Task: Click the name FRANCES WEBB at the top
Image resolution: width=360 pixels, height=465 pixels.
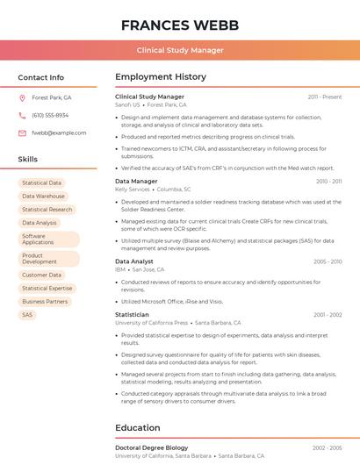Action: [x=179, y=24]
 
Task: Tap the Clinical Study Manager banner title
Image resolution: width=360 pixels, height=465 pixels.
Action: [x=179, y=50]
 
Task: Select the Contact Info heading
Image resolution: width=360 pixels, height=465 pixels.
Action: [x=41, y=77]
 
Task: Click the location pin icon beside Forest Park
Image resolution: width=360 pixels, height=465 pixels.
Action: [x=22, y=97]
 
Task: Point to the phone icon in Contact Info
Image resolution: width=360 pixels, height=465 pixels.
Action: [x=22, y=115]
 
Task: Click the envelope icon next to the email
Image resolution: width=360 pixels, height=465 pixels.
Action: [x=22, y=132]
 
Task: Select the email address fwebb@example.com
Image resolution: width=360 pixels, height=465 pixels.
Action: [x=59, y=132]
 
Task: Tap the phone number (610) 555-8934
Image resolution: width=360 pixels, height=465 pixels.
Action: [x=50, y=115]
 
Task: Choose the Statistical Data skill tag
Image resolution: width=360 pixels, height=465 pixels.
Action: [x=42, y=182]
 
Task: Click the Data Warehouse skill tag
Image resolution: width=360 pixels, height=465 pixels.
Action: [x=44, y=196]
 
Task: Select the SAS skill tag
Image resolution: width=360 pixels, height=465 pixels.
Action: [x=27, y=314]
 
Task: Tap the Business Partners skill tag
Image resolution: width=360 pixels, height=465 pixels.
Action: [x=45, y=301]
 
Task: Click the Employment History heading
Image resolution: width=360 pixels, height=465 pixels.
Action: [x=161, y=77]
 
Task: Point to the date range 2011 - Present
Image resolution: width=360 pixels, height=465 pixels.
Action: [x=324, y=97]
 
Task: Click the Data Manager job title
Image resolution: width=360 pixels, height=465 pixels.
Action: [x=136, y=181]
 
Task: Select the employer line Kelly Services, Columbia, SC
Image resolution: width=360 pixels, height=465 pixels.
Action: [x=154, y=189]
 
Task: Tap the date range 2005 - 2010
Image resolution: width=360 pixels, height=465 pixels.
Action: [x=327, y=261]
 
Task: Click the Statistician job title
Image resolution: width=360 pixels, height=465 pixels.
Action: [x=132, y=314]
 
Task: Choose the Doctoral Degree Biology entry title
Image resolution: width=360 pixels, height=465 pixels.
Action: [x=151, y=447]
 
